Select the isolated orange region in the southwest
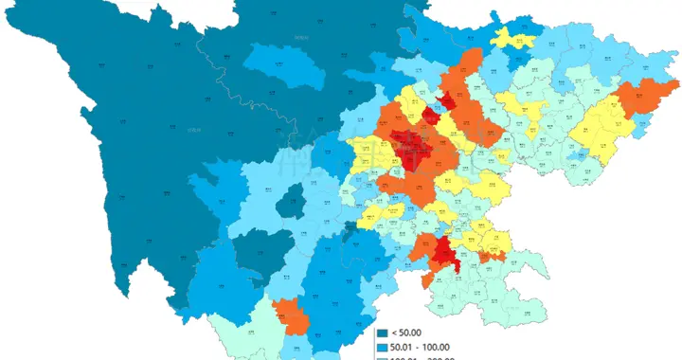tap(291, 315)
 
